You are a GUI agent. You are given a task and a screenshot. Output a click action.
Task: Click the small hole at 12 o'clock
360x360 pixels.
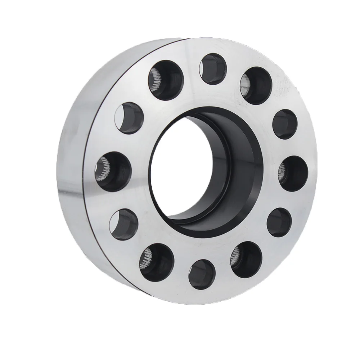coord(213,69)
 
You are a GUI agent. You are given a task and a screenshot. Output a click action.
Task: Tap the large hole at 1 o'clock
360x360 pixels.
coord(256,86)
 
